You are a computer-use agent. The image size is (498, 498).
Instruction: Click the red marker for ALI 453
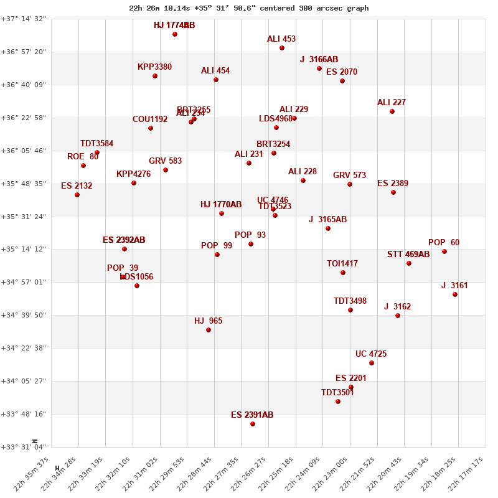(282, 48)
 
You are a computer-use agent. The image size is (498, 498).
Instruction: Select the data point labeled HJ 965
(209, 330)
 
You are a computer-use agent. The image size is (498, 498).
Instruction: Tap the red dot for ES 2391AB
(253, 424)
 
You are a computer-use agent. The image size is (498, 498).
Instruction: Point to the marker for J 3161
(455, 294)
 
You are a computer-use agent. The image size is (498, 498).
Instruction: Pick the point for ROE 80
(83, 166)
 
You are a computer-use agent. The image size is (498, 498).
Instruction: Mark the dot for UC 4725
(372, 363)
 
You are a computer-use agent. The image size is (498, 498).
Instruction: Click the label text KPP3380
(154, 67)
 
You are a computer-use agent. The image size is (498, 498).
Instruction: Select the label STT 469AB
(408, 255)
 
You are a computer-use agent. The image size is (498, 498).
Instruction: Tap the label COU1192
(150, 120)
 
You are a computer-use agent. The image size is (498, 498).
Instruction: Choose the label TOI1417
(342, 264)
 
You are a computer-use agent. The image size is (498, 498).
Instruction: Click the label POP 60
(444, 243)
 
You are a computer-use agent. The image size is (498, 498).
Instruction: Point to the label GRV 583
(165, 161)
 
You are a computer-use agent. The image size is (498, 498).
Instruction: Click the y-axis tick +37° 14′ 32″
(24, 19)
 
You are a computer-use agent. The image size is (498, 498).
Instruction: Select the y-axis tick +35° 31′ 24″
(24, 217)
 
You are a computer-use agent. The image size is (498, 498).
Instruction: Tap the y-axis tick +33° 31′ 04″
(24, 447)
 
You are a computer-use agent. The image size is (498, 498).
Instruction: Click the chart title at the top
(249, 8)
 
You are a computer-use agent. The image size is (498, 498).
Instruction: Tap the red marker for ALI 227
(392, 111)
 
